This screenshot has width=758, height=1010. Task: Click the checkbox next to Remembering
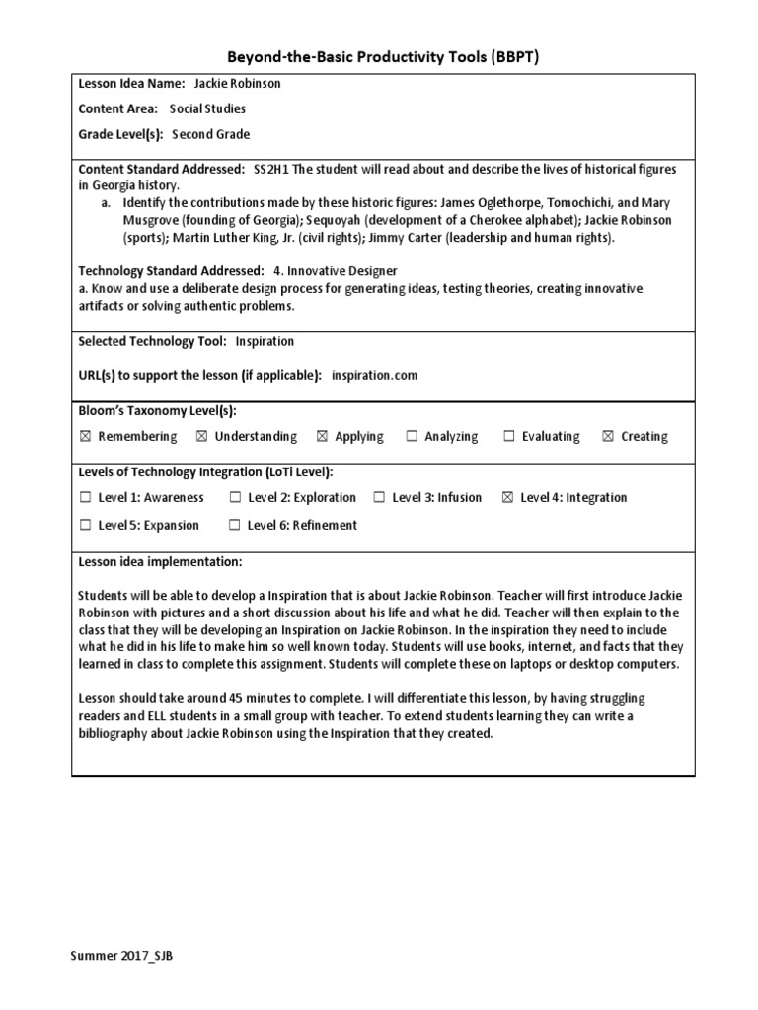click(x=85, y=437)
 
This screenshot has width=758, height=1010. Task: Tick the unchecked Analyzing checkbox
click(x=411, y=437)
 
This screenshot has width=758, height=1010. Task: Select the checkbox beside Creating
click(x=608, y=437)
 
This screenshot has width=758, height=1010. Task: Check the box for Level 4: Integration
click(x=507, y=498)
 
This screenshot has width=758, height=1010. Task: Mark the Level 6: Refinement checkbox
click(x=234, y=526)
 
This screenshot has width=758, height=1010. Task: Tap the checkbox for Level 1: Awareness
click(x=85, y=498)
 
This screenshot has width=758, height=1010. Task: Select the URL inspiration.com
click(x=374, y=375)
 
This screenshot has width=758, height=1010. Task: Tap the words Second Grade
click(x=210, y=135)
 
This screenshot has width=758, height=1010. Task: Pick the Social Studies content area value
click(x=207, y=109)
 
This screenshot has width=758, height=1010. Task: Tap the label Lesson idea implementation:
click(x=159, y=562)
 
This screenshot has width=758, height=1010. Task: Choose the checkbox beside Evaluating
click(x=509, y=437)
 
